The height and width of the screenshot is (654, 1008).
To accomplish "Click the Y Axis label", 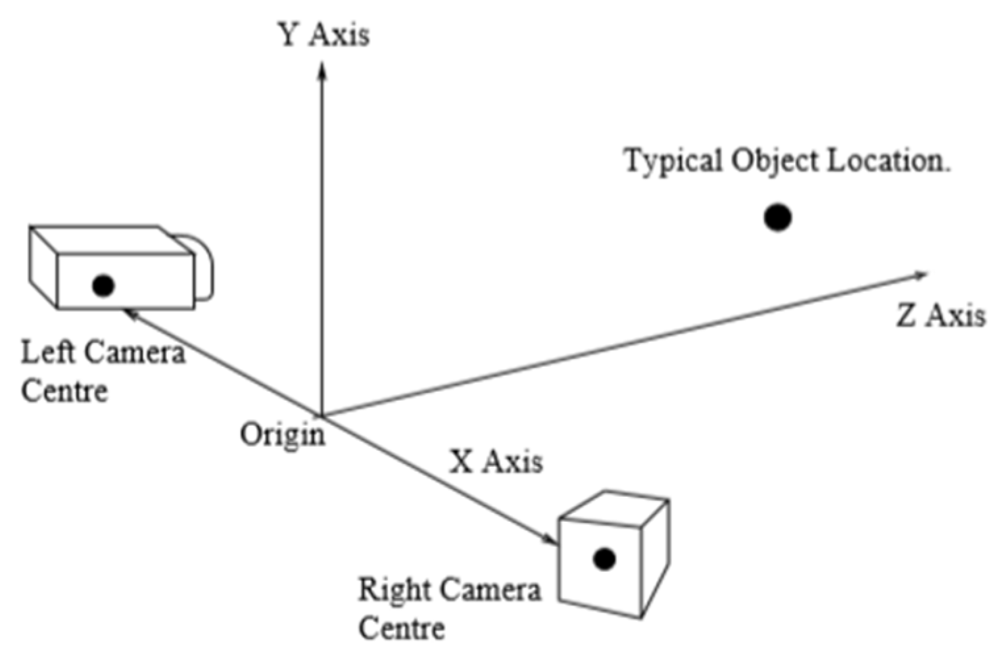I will click(x=324, y=34).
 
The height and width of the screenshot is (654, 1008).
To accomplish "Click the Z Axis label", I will click(x=940, y=316).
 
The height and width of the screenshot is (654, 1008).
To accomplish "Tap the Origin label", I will click(x=282, y=435).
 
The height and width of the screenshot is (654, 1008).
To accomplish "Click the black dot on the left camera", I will click(x=103, y=285).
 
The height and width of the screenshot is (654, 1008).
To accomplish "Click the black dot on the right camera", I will click(x=604, y=559).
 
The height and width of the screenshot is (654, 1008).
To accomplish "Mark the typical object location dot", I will click(x=777, y=218).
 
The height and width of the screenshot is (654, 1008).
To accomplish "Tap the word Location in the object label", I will click(x=888, y=160).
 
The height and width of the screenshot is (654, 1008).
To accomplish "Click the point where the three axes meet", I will click(x=322, y=415).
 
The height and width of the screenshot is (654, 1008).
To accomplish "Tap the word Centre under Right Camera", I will click(x=401, y=628).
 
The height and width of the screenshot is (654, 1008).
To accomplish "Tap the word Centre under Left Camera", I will click(x=64, y=390).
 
